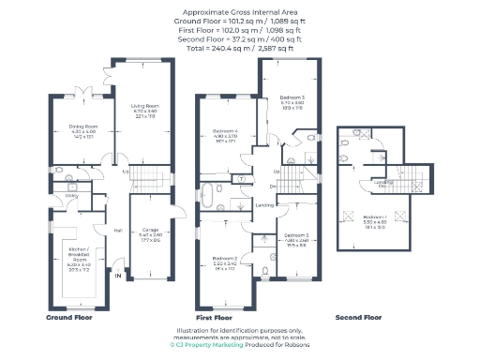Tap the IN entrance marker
(x=118, y=277)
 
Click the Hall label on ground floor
(x=118, y=231)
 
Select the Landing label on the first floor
(x=265, y=204)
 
